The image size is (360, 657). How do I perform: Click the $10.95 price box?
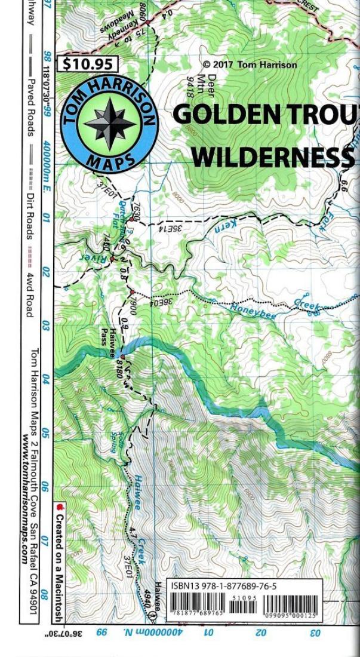pyautogui.click(x=88, y=64)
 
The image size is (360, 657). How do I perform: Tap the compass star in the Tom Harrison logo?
pyautogui.click(x=109, y=124)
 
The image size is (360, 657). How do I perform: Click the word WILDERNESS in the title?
pyautogui.click(x=272, y=157)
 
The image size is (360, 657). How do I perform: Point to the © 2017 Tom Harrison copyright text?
pyautogui.click(x=249, y=65)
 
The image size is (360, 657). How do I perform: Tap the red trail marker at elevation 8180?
pyautogui.click(x=124, y=356)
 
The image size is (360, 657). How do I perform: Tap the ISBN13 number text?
pyautogui.click(x=223, y=586)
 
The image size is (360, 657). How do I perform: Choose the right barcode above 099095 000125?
pyautogui.click(x=290, y=603)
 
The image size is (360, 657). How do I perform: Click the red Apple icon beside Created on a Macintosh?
pyautogui.click(x=59, y=507)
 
